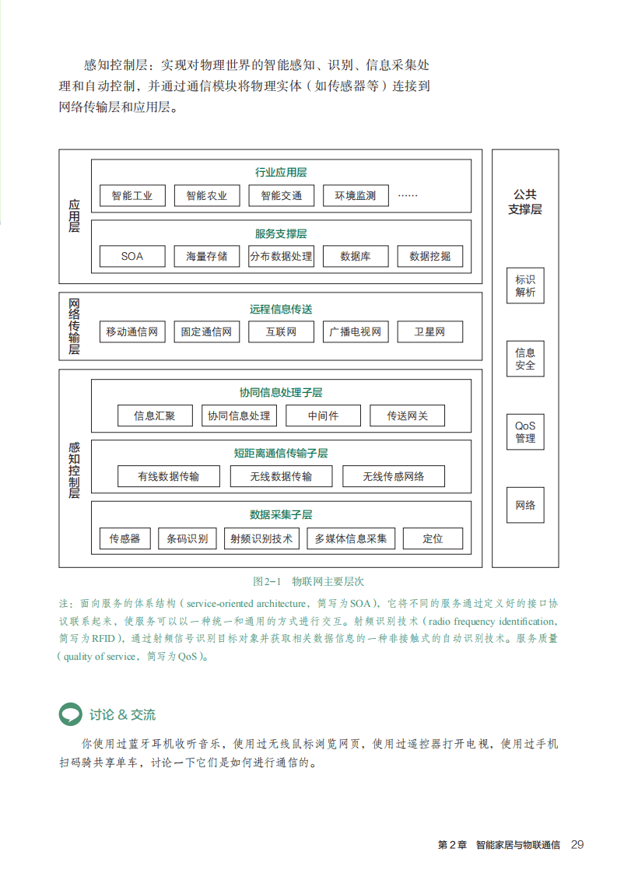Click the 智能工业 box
coord(132,195)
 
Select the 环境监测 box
coord(355,195)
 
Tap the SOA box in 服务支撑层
coord(132,256)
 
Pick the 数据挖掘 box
coord(429,256)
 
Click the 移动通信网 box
coord(132,332)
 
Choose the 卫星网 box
coord(429,332)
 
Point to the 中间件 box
coord(323,415)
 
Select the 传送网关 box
coord(408,415)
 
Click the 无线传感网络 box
coord(393,476)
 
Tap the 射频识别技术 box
coord(261,538)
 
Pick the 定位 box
coord(433,538)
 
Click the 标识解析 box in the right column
coord(525,286)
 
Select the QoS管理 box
coord(525,432)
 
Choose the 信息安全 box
coord(525,359)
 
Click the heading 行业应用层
coord(281,173)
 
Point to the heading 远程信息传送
coord(281,309)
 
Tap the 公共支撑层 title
coord(525,202)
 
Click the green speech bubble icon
coord(71,713)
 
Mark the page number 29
coord(577,844)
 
